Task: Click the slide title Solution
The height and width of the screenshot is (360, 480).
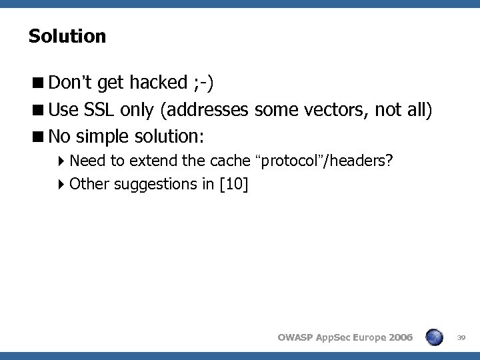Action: (67, 36)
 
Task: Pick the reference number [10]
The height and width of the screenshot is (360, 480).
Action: (233, 184)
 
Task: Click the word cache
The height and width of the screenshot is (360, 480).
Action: (231, 161)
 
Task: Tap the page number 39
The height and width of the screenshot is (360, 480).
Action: (460, 338)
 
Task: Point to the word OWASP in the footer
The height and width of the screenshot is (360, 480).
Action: (294, 338)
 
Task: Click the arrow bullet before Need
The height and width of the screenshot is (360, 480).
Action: (62, 161)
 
